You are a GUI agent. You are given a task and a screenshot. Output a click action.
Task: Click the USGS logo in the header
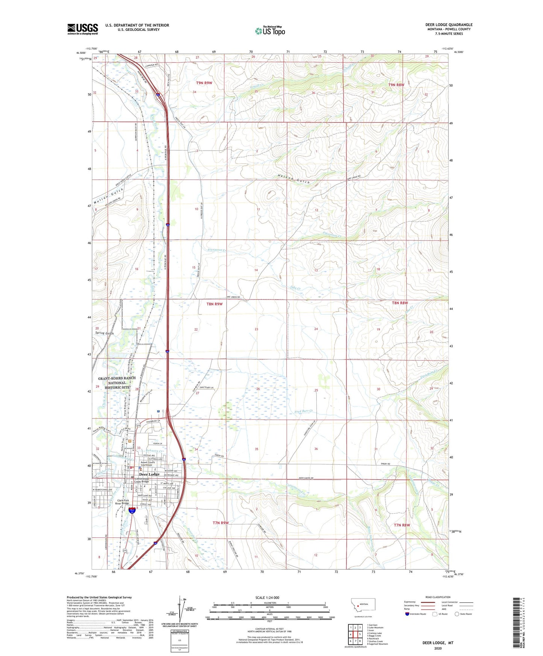click(x=83, y=29)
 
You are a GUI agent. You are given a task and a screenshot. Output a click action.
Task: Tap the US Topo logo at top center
click(x=270, y=31)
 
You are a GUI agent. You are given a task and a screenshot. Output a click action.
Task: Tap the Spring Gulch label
click(x=104, y=333)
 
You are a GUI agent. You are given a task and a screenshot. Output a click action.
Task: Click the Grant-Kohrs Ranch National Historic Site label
click(x=117, y=383)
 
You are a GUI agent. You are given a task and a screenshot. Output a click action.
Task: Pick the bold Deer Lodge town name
click(x=149, y=474)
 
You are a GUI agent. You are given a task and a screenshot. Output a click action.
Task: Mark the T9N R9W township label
click(x=204, y=83)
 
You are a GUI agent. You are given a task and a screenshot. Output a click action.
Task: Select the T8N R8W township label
click(x=400, y=303)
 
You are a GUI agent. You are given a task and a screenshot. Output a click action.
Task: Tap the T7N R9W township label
click(x=221, y=523)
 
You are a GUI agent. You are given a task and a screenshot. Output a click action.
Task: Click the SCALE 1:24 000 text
click(x=267, y=598)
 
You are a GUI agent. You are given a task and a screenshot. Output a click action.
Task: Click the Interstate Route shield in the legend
click(x=407, y=614)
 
